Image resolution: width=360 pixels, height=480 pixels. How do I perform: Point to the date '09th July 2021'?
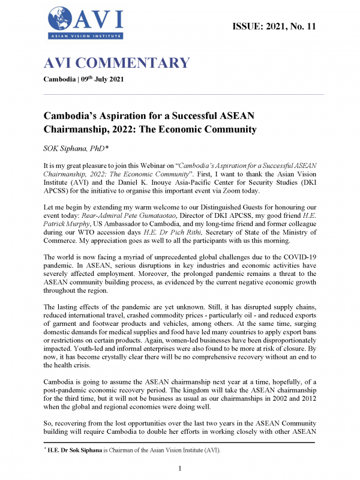[x=101, y=80]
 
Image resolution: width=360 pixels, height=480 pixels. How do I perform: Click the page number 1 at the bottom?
[x=180, y=468]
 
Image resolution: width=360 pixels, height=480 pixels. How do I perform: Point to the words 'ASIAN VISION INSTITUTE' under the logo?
[x=85, y=37]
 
